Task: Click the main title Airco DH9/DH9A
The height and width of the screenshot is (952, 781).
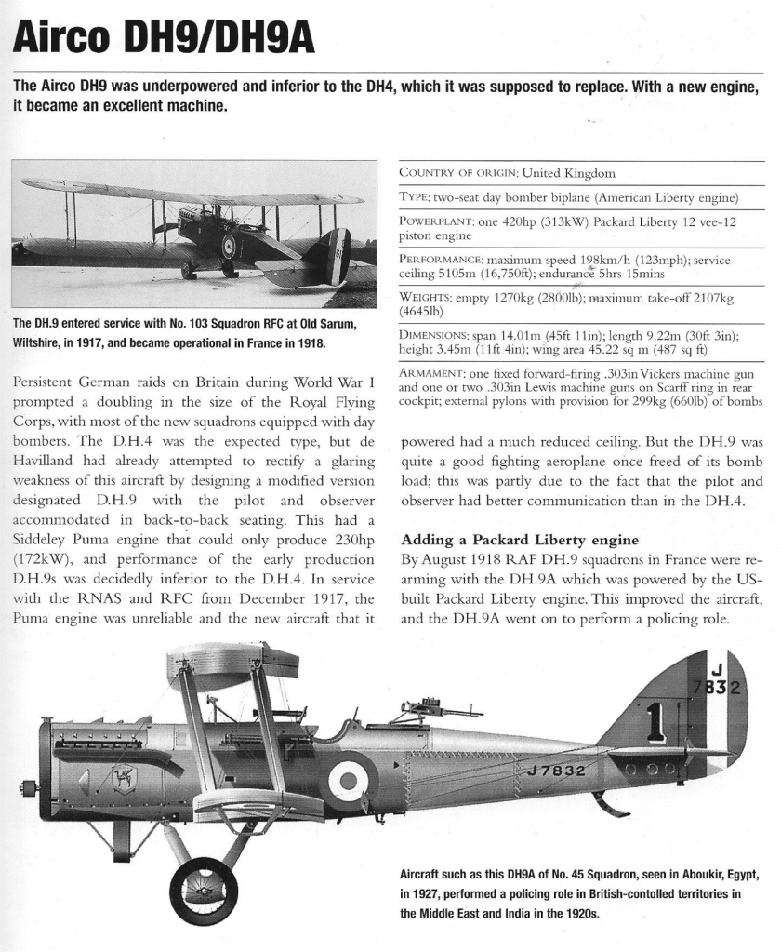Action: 162,38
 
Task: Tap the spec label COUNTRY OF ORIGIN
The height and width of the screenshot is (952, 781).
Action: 458,173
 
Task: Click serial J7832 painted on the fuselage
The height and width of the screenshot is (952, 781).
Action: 556,771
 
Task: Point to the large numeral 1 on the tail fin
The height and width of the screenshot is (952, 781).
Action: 655,722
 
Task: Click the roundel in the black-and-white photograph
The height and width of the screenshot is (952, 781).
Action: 229,246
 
